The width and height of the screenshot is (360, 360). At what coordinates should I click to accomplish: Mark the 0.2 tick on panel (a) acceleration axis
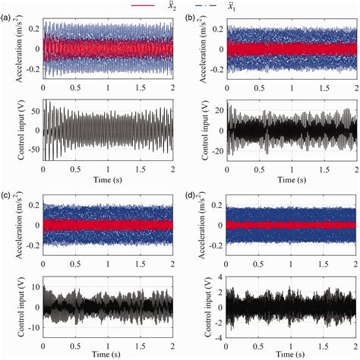click(33, 27)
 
